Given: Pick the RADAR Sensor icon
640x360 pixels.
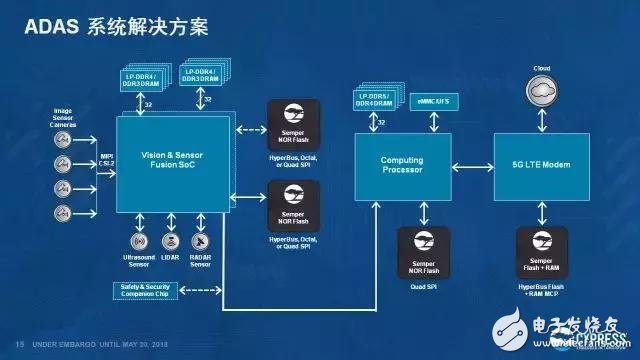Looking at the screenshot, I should click(x=201, y=242).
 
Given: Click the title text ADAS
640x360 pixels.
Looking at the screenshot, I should click(x=44, y=26).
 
